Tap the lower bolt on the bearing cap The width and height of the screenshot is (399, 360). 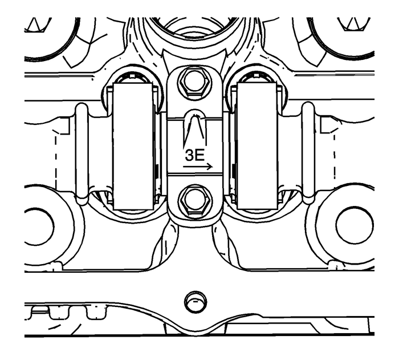click(192, 200)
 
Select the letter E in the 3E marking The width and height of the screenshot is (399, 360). click(200, 155)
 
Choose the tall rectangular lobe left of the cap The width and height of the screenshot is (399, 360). click(132, 145)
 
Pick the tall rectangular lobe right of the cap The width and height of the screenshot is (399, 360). click(256, 145)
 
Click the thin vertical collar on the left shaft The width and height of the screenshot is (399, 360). click(82, 153)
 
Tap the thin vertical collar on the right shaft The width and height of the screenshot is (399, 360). click(307, 153)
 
